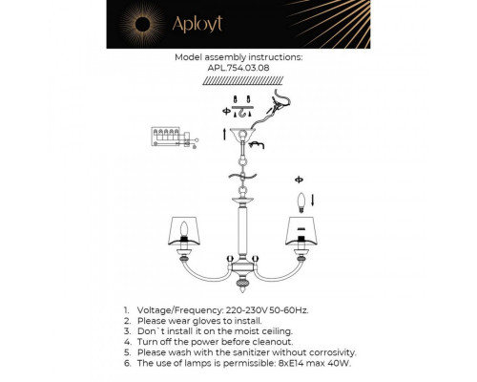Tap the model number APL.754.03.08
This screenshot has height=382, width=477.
pyautogui.click(x=238, y=69)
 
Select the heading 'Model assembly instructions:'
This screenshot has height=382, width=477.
pyautogui.click(x=238, y=57)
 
